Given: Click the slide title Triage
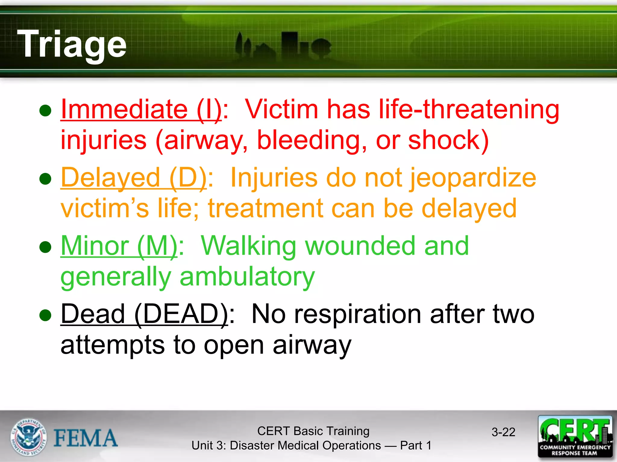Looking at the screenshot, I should point(72,44).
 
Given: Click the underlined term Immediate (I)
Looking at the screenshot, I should point(141,109).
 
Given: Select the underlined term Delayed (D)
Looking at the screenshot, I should point(134,178).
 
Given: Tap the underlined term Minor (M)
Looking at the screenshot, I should point(119,246).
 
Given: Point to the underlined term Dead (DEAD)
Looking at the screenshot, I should point(144,314).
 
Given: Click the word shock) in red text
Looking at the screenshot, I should point(448,140).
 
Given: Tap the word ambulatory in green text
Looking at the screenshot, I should point(247,277).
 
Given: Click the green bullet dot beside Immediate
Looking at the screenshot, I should point(45,111).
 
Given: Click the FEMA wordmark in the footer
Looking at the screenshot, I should point(86,438).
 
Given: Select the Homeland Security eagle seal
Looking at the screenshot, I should point(29,437).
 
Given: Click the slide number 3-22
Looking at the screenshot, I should point(503,432).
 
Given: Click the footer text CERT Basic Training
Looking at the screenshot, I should point(313,431).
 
